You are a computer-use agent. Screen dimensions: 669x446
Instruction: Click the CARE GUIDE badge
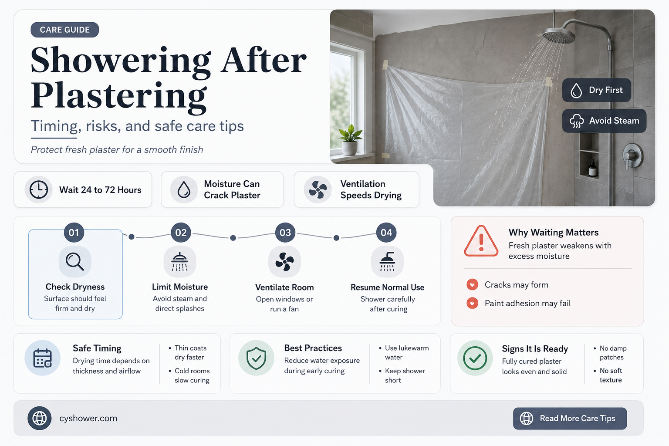65,30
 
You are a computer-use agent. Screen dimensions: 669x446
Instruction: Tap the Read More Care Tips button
570,418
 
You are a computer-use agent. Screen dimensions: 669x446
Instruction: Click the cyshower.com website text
88,418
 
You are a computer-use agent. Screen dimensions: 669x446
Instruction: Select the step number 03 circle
285,233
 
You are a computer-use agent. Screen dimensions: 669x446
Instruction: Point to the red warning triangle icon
481,241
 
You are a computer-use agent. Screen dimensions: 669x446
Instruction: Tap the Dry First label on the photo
596,90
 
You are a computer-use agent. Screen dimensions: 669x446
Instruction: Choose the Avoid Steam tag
604,121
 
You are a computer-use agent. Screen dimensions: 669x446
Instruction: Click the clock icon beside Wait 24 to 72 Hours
39,189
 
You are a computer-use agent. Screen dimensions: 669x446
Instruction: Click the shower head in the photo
558,35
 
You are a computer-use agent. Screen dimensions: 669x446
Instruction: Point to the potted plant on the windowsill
350,140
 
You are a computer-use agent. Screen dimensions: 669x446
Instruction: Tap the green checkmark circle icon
475,358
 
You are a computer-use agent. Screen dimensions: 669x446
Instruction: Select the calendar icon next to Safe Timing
42,358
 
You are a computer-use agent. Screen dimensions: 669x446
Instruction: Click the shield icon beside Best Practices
256,358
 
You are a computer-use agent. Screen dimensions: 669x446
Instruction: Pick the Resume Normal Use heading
387,287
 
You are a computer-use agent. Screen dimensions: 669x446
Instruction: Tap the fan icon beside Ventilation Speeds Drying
318,189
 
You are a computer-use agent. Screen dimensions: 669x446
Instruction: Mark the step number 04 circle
386,233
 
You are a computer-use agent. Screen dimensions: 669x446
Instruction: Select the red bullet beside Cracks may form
472,284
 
